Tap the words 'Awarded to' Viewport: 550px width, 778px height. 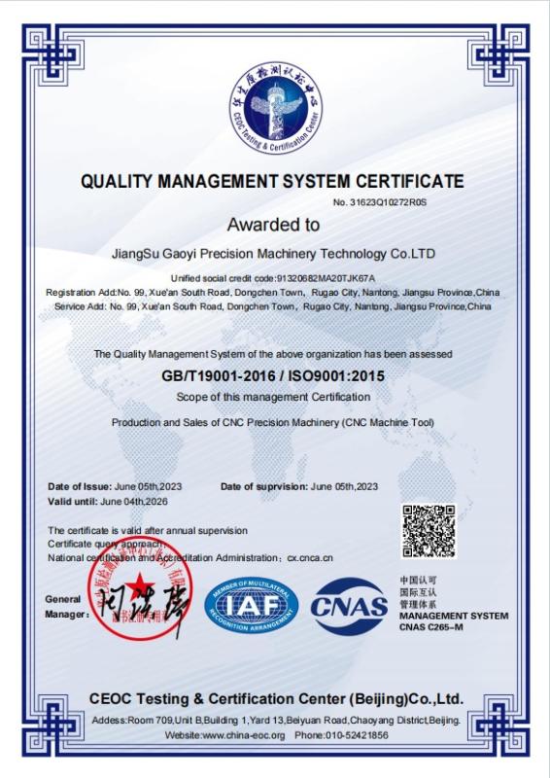274,225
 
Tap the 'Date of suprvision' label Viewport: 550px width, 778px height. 264,486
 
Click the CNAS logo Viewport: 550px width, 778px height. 349,607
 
